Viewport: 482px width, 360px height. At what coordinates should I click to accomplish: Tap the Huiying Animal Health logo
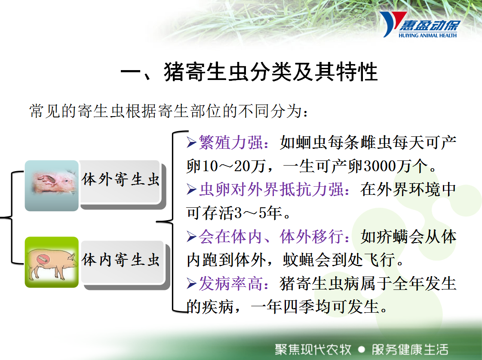[420, 25]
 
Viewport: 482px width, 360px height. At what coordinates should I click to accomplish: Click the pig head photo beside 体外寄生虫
[52, 185]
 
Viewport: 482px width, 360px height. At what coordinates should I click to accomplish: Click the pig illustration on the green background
[52, 262]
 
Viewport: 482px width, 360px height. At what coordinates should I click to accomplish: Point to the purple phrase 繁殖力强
[230, 143]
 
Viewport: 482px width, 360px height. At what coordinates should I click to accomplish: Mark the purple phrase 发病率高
[230, 283]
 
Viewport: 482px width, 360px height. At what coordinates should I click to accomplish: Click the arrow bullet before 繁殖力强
[191, 143]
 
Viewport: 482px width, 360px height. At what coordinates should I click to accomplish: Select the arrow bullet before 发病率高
[191, 283]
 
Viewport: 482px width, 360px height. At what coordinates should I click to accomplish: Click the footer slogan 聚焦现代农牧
[313, 350]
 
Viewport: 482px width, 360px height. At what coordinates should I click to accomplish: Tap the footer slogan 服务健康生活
[410, 350]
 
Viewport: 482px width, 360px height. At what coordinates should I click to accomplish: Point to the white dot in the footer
[362, 350]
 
